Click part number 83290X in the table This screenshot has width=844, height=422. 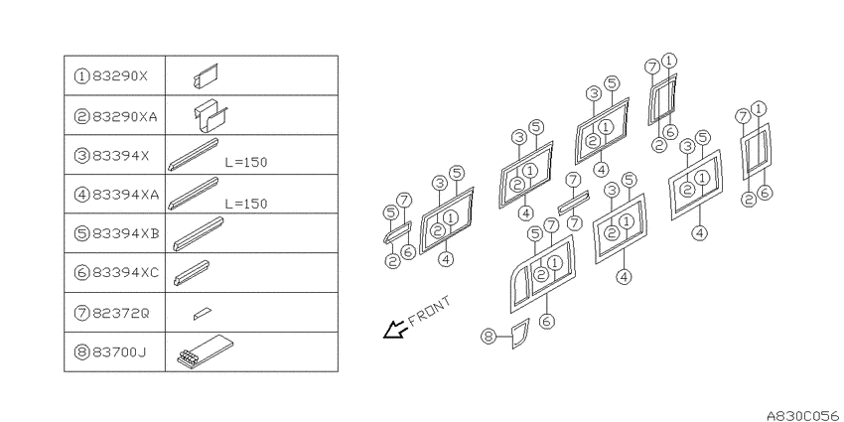pos(119,75)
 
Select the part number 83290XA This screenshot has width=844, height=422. pos(125,116)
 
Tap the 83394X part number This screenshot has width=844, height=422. pos(120,156)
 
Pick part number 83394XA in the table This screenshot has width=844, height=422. pos(125,195)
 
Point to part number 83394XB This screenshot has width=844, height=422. pos(125,234)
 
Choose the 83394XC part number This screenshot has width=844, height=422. pos(125,273)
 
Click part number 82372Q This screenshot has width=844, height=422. pos(120,313)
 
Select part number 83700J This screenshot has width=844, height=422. pos(119,352)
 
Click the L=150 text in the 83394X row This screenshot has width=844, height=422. pos(246,163)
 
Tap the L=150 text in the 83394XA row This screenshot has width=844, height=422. pos(246,204)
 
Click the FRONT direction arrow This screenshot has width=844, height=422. pos(394,330)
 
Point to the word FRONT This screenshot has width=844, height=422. pos(430,312)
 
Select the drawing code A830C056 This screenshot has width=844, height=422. pos(804,415)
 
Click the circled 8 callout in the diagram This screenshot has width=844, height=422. pos(489,337)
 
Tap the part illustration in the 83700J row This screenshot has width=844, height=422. pos(206,351)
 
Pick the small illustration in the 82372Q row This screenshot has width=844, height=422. pos(203,313)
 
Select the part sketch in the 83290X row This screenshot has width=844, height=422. pos(207,75)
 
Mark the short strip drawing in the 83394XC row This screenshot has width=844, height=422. pos(192,273)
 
